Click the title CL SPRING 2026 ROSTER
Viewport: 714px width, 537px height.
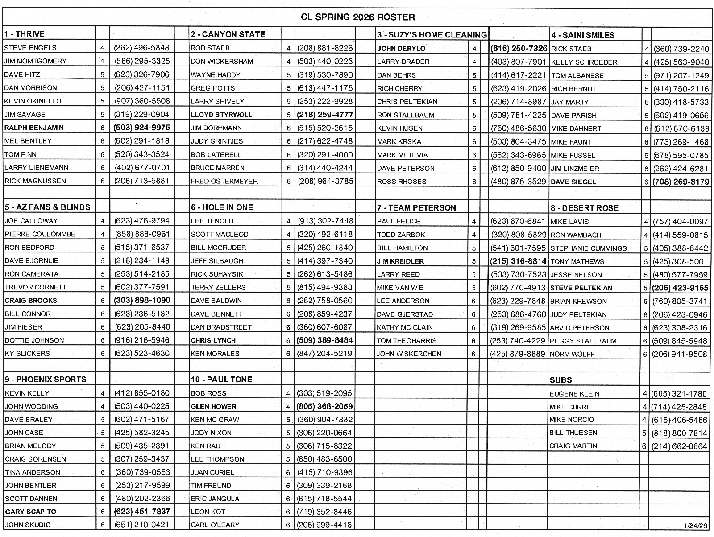357,17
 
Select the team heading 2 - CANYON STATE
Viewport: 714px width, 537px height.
228,34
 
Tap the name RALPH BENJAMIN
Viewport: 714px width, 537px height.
34,128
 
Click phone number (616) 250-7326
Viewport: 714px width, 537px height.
519,48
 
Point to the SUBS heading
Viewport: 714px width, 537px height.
560,380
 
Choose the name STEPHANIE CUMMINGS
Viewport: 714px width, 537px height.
588,248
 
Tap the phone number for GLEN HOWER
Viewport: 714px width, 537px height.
325,406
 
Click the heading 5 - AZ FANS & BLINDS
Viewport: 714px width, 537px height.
48,207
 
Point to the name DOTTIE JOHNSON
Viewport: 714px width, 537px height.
34,340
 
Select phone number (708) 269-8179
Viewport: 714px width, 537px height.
681,182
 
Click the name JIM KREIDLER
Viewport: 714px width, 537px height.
400,261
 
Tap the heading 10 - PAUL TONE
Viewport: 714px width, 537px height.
221,380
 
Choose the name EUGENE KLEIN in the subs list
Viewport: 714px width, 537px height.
574,394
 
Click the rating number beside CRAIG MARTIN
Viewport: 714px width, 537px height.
644,446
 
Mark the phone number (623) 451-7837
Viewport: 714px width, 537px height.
142,512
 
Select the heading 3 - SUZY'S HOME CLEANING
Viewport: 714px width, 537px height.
432,35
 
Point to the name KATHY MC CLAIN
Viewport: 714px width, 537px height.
404,327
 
